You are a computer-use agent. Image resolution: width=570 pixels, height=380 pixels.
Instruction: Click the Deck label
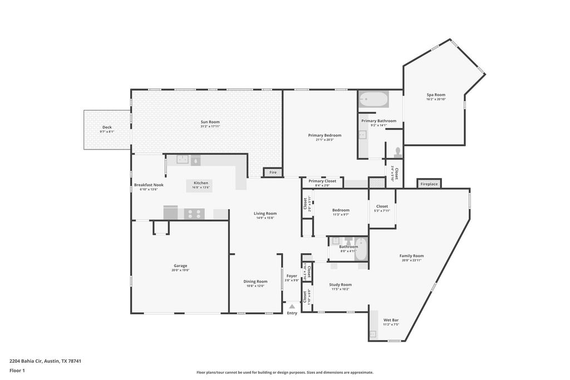tap(106, 127)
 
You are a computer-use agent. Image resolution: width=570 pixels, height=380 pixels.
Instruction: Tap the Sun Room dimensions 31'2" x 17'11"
tap(210, 126)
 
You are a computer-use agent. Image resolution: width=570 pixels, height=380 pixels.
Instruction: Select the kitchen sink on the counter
tap(183, 160)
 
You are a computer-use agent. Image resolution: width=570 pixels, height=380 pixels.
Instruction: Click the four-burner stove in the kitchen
tap(194, 213)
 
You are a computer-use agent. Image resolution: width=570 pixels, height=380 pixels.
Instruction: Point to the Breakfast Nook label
tap(149, 185)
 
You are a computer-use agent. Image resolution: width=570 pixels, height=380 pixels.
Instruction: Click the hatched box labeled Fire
tap(273, 172)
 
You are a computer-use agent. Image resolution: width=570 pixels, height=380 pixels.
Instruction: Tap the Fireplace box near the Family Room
tap(429, 184)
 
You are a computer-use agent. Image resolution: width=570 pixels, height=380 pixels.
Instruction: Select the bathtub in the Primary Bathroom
tap(373, 101)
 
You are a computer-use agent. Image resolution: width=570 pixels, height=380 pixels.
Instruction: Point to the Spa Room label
tap(436, 95)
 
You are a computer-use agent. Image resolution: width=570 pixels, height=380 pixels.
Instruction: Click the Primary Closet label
tap(322, 181)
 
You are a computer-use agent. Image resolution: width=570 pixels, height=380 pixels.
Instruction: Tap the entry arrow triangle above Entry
tap(292, 306)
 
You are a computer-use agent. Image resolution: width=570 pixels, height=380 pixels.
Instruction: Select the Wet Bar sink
tap(372, 334)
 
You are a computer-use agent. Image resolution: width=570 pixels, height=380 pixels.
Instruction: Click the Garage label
tap(180, 265)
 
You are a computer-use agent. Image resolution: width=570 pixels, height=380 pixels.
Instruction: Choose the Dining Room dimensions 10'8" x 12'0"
tap(255, 286)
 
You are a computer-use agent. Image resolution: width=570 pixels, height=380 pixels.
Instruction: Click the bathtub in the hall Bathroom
tap(361, 249)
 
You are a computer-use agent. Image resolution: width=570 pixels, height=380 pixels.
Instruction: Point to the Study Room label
tap(340, 284)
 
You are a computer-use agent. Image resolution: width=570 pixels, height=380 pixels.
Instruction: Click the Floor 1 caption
tap(17, 370)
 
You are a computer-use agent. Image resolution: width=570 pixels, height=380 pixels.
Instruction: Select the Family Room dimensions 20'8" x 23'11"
tap(412, 260)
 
